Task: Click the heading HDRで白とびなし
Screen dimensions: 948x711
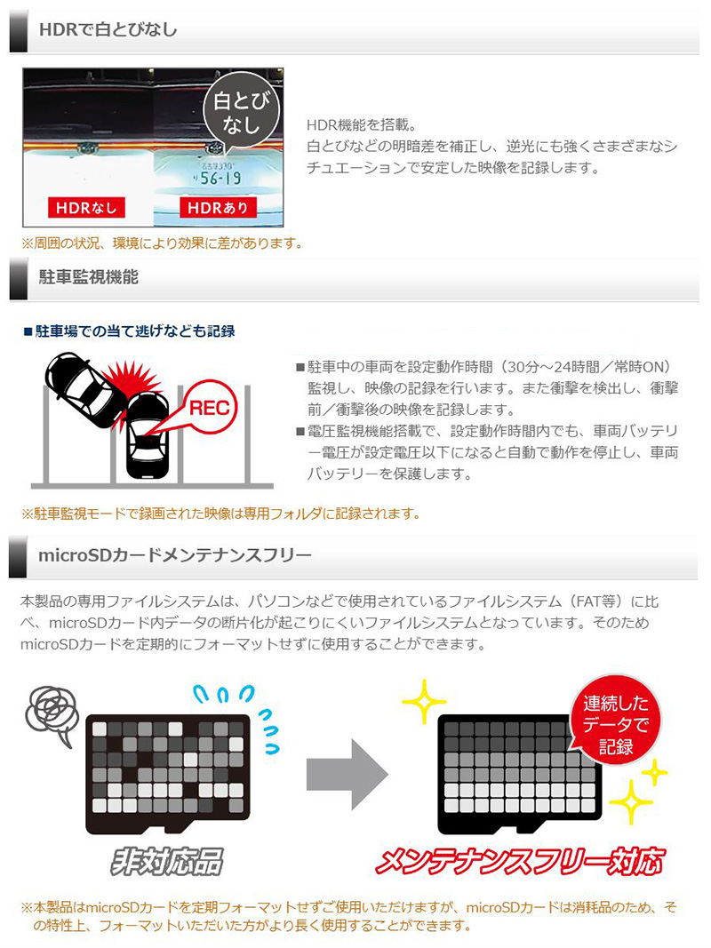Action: [x=108, y=30]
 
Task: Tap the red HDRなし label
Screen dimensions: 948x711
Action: [x=87, y=208]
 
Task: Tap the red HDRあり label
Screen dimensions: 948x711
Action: [x=219, y=208]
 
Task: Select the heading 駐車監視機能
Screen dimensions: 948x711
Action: [x=89, y=277]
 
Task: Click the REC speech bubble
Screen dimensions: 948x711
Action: [x=207, y=407]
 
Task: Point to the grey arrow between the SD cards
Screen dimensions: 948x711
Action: [x=346, y=773]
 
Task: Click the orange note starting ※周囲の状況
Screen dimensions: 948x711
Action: [x=163, y=243]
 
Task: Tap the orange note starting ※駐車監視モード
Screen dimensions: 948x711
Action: [x=220, y=514]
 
